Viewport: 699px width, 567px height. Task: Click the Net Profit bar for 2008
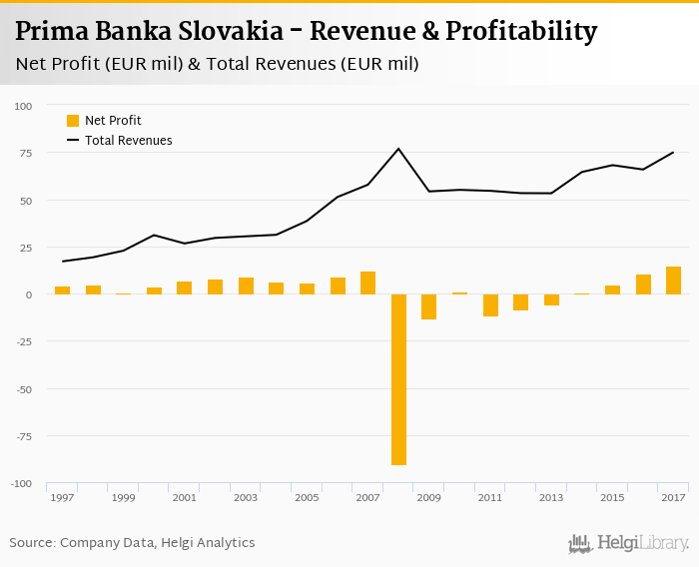click(398, 379)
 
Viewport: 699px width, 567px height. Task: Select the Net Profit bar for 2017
click(673, 281)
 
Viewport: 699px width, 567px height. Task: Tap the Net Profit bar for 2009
click(428, 306)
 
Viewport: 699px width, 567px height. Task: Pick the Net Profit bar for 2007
click(367, 283)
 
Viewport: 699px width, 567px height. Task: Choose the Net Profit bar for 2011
click(489, 305)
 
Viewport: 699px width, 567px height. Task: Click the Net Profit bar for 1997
click(62, 290)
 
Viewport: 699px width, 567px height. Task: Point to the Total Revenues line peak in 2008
click(398, 149)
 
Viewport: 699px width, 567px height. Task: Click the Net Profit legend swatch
click(73, 121)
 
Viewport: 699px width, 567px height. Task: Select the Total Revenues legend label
click(129, 141)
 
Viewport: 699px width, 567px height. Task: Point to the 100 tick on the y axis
click(23, 106)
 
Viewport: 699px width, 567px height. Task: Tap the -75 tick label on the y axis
click(22, 436)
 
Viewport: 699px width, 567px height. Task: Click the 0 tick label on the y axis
click(29, 294)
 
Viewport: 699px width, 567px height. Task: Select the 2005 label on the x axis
click(306, 497)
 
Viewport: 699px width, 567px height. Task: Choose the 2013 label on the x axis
click(550, 497)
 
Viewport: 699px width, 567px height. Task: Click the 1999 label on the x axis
click(123, 497)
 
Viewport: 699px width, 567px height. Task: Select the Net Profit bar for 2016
click(643, 284)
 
